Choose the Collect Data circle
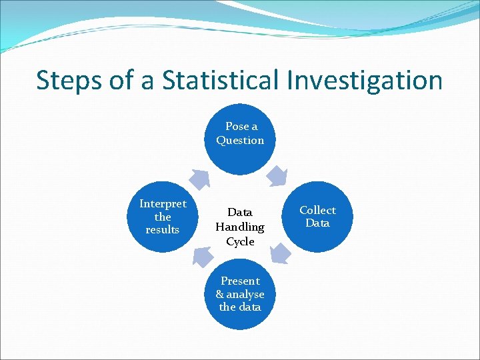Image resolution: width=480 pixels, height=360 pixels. (x=317, y=217)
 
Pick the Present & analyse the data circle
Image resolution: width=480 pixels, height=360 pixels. (x=240, y=294)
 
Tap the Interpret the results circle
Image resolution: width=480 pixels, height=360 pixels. (x=163, y=217)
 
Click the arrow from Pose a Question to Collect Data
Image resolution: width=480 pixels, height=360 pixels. (x=276, y=177)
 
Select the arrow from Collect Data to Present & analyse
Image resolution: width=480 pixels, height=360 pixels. (x=280, y=254)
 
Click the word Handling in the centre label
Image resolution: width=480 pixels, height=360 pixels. (x=240, y=227)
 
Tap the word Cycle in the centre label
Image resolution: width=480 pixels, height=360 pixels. (x=240, y=241)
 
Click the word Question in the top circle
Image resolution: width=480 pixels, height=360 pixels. (x=240, y=140)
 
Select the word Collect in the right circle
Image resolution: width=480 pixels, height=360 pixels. (x=317, y=210)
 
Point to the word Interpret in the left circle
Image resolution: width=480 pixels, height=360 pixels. (x=163, y=203)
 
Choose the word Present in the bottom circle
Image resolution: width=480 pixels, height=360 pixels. (x=240, y=281)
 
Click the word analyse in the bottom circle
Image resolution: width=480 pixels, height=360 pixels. (x=245, y=294)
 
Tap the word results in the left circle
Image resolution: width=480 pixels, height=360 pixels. (x=163, y=229)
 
